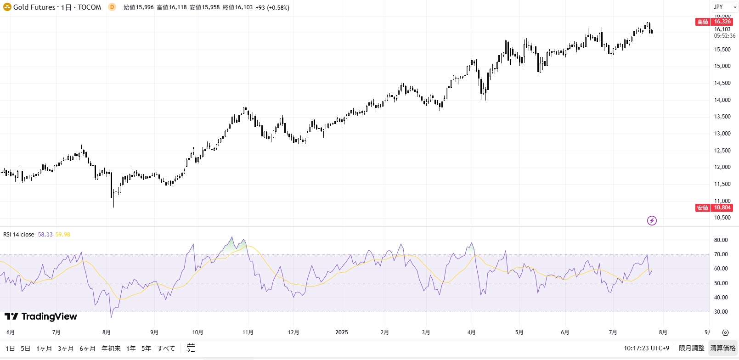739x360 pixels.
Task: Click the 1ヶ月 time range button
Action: [x=44, y=349]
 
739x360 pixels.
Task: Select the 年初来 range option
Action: [x=111, y=349]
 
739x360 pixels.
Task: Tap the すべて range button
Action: [x=166, y=349]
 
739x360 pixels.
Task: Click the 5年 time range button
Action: [x=146, y=349]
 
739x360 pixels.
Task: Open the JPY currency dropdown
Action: [x=725, y=7]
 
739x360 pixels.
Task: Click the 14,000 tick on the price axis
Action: [x=722, y=100]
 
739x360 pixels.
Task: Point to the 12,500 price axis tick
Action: [x=722, y=151]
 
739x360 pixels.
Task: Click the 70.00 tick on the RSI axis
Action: [x=721, y=254]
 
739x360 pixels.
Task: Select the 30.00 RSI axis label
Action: [x=721, y=312]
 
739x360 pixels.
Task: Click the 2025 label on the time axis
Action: [x=341, y=332]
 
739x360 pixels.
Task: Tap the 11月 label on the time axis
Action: [x=248, y=332]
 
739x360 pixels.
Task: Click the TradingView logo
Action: [x=41, y=316]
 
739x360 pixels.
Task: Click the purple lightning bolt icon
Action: [x=652, y=221]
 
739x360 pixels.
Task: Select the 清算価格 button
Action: [x=722, y=348]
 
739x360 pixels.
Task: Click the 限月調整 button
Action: [x=691, y=348]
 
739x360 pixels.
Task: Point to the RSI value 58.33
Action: [x=45, y=235]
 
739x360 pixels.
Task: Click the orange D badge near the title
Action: [x=112, y=7]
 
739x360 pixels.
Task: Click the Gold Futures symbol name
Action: [x=34, y=7]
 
